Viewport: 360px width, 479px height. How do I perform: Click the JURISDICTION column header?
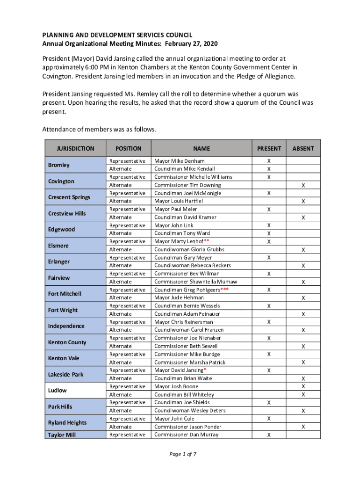[x=75, y=148]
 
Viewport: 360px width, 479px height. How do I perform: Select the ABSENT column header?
[x=303, y=148]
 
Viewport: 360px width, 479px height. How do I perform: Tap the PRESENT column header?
[x=269, y=148]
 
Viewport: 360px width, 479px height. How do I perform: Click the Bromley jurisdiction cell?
[x=59, y=165]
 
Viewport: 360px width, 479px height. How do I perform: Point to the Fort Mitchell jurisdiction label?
[x=65, y=294]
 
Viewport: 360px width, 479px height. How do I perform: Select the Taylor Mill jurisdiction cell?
[x=62, y=435]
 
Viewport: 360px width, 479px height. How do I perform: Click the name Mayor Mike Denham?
[x=180, y=161]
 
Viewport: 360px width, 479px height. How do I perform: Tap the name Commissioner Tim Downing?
[x=187, y=185]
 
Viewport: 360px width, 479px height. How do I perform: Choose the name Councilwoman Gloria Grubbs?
[x=189, y=250]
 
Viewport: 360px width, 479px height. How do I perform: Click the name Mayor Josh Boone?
[x=176, y=387]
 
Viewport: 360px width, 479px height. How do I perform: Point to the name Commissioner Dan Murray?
[x=187, y=435]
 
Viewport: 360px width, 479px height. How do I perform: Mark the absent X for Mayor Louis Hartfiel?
[x=303, y=202]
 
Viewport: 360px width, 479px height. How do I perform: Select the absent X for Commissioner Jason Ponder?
[x=303, y=427]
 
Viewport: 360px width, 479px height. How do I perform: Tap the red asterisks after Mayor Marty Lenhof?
[x=207, y=241]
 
